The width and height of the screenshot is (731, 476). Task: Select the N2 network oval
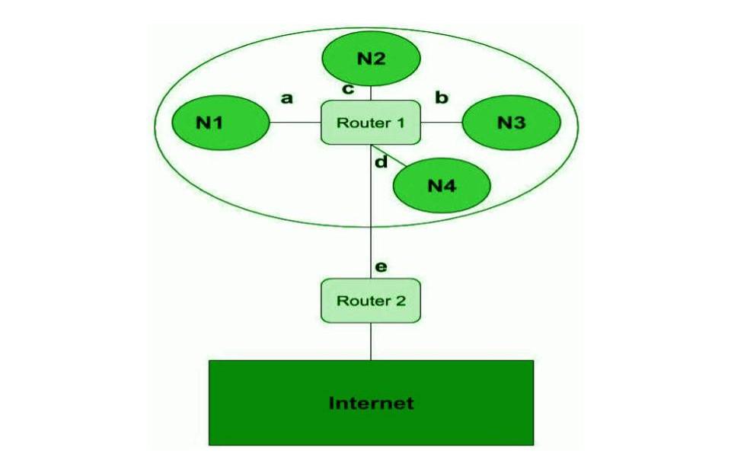tap(371, 58)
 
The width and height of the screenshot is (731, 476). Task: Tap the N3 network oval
tap(512, 123)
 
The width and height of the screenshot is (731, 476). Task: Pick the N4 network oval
tap(442, 185)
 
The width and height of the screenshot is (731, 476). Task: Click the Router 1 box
tap(371, 122)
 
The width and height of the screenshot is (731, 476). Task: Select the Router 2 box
tap(371, 300)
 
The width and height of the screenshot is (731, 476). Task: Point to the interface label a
tap(287, 97)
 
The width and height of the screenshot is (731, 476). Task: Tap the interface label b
tap(441, 97)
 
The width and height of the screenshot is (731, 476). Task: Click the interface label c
tap(348, 89)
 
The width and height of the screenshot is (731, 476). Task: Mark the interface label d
tap(381, 161)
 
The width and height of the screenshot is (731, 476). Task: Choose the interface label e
tap(381, 267)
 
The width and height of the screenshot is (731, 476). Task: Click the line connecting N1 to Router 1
tap(295, 122)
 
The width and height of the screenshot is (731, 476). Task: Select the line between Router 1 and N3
tap(442, 122)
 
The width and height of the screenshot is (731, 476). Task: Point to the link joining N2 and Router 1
tap(371, 93)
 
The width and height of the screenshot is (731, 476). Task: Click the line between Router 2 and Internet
tap(371, 340)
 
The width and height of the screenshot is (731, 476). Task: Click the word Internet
tap(371, 403)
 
